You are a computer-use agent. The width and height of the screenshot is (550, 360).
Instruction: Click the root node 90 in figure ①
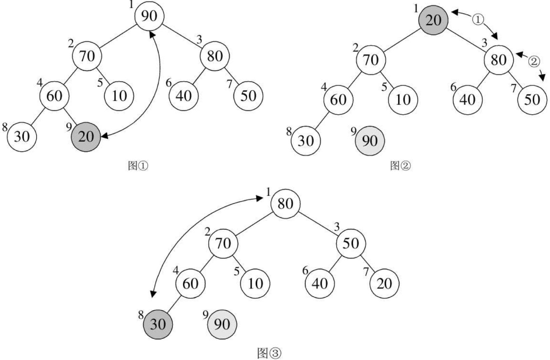[149, 16]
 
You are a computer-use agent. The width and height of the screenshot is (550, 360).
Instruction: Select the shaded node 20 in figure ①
[86, 137]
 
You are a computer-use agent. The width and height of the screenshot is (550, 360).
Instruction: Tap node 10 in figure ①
[119, 96]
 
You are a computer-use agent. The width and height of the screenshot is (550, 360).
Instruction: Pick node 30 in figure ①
[22, 137]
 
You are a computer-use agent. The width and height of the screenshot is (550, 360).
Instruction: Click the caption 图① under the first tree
[138, 166]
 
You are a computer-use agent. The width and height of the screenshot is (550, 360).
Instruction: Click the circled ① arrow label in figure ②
[478, 20]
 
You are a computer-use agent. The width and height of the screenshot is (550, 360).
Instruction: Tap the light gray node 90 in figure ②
[370, 141]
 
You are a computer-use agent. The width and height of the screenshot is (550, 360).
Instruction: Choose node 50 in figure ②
[532, 100]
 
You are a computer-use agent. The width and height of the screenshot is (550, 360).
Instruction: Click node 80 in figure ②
[498, 60]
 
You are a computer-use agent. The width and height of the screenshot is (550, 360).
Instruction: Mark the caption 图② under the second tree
[400, 166]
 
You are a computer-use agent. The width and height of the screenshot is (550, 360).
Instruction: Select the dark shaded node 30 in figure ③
[158, 324]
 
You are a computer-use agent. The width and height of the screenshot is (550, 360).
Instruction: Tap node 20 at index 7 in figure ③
[384, 284]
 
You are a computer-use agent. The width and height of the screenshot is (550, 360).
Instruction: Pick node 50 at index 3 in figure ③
[351, 244]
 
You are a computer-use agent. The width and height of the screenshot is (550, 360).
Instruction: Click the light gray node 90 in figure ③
[222, 324]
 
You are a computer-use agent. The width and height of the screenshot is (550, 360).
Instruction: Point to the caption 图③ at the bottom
[269, 353]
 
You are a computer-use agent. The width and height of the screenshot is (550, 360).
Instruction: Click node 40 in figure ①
[183, 96]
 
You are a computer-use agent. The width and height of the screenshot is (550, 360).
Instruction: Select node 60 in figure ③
[190, 284]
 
